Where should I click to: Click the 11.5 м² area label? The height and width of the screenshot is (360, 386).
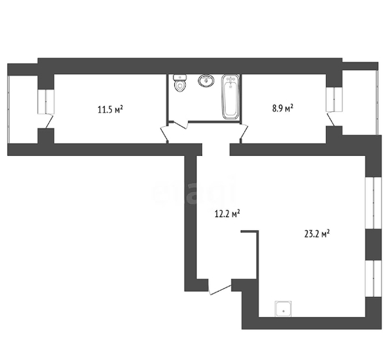click(x=110, y=109)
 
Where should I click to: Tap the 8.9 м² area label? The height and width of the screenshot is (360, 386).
click(x=283, y=108)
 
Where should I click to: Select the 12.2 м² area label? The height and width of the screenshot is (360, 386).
click(x=227, y=214)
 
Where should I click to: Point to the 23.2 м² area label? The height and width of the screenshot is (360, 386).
click(x=317, y=234)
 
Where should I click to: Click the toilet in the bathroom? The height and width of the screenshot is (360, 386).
click(x=180, y=83)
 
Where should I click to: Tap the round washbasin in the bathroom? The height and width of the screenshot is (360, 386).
click(x=206, y=81)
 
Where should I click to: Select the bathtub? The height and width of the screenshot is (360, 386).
click(x=231, y=97)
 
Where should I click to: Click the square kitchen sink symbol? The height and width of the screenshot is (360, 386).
click(x=283, y=309)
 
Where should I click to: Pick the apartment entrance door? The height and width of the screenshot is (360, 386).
click(x=220, y=287)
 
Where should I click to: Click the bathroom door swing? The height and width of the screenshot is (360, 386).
click(x=181, y=125)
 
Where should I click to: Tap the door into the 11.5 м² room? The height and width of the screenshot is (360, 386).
click(x=164, y=134)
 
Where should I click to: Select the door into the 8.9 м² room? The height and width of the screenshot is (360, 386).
click(x=244, y=134)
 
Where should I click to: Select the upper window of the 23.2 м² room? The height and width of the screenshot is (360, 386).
click(x=374, y=203)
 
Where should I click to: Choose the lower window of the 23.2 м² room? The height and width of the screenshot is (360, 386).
click(x=374, y=279)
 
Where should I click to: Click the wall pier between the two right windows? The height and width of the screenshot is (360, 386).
click(x=374, y=244)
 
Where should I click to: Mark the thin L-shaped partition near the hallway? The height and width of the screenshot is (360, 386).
click(x=257, y=254)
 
